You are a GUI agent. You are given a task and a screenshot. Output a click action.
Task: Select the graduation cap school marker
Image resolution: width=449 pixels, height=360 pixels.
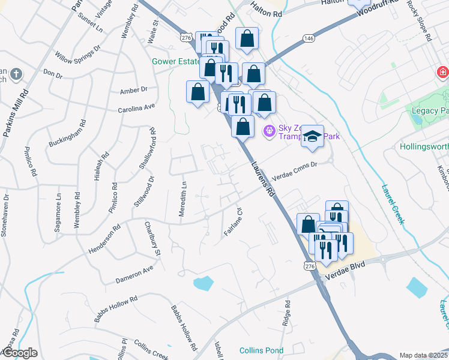click(x=312, y=137)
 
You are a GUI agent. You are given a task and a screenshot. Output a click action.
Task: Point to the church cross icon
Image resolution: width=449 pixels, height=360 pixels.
click(x=16, y=75)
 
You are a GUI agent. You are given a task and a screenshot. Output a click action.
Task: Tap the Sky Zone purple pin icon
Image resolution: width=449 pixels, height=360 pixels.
click(x=269, y=129)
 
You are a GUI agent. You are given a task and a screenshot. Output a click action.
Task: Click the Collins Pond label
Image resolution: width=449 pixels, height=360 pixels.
click(x=261, y=350)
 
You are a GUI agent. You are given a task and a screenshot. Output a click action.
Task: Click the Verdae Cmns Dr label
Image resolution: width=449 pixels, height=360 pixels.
click(x=294, y=169)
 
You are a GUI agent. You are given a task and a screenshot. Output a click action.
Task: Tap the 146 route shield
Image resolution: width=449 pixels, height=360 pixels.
click(x=309, y=38)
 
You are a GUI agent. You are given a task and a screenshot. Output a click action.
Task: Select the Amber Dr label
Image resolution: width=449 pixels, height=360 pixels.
click(x=133, y=90)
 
